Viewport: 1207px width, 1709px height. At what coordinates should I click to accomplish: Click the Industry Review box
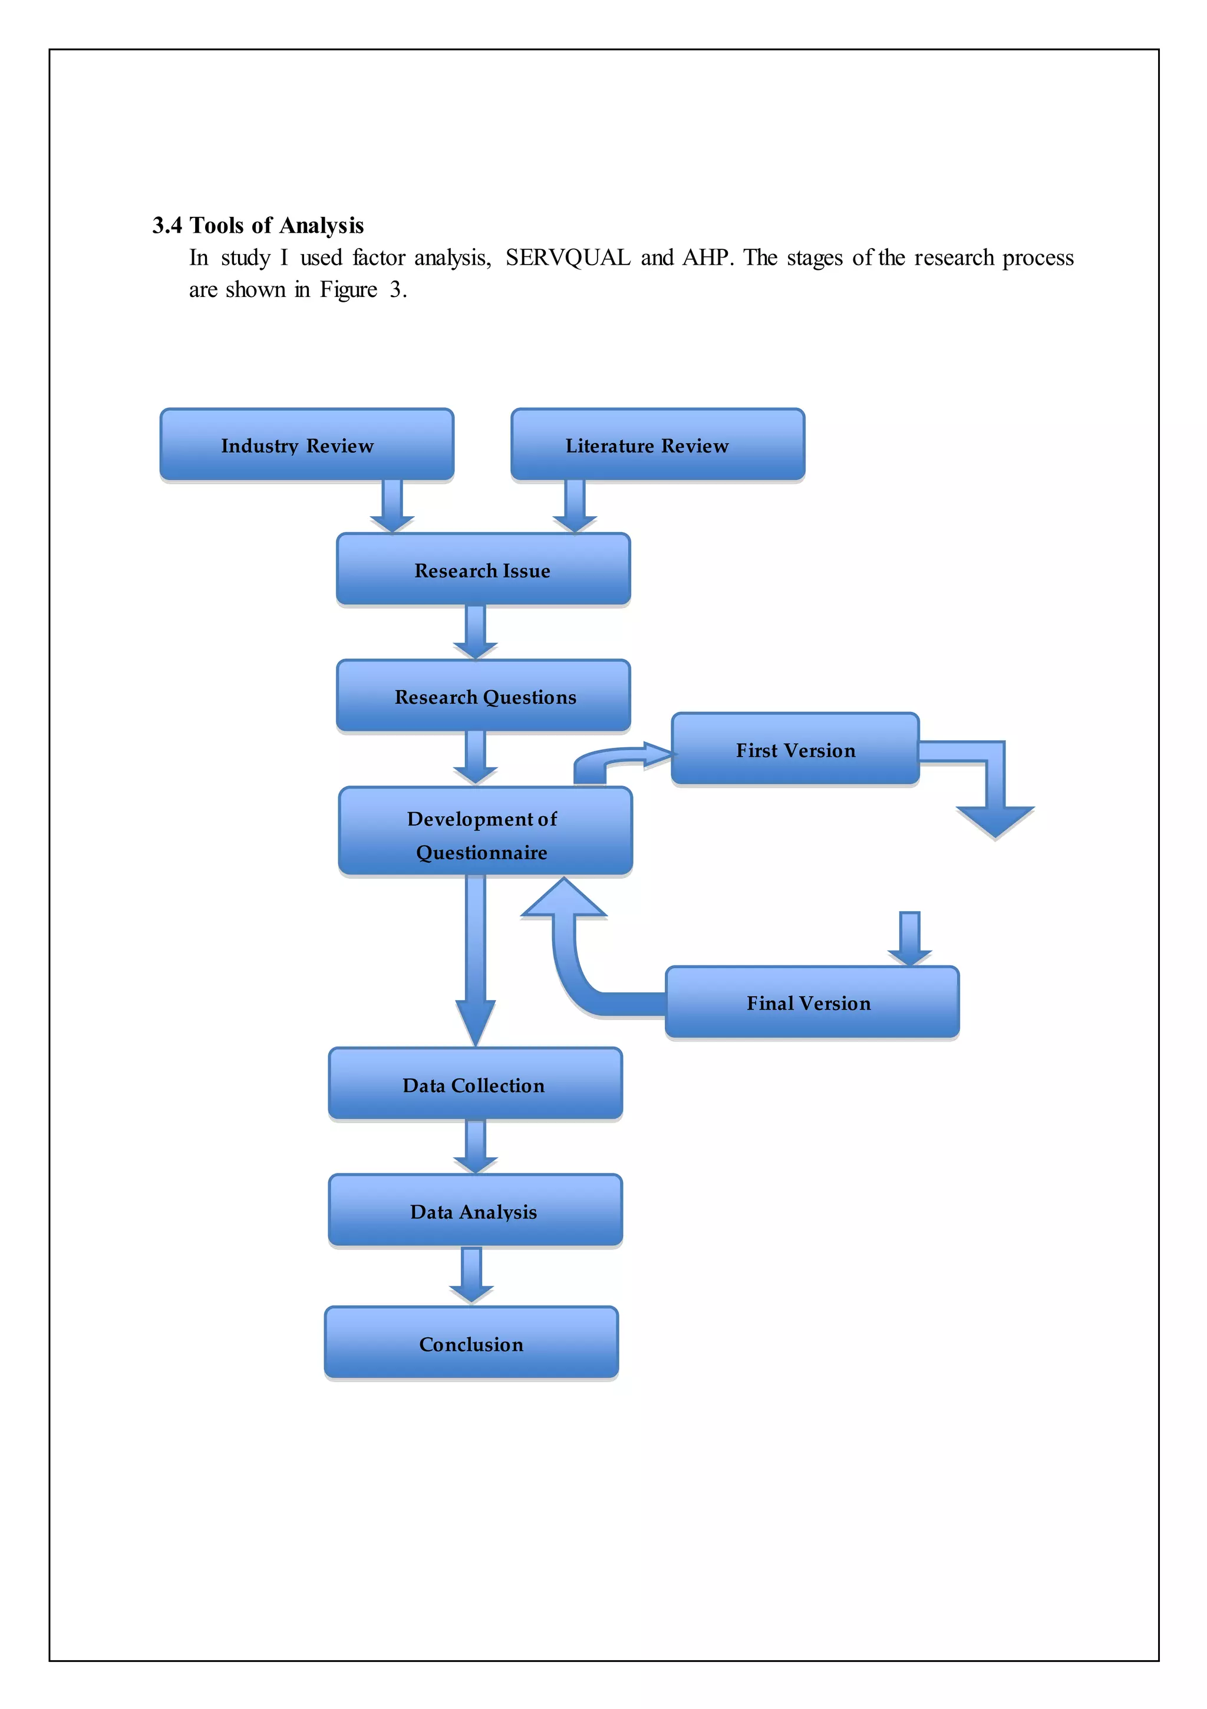[x=306, y=444]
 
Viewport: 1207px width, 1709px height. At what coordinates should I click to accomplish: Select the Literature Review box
[x=658, y=444]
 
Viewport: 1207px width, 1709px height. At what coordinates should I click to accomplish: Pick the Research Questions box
[x=483, y=696]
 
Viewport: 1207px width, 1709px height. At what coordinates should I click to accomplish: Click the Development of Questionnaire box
[x=484, y=832]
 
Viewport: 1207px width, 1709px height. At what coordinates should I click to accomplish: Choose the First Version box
[x=794, y=749]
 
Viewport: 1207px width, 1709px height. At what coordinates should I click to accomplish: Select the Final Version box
[x=812, y=1002]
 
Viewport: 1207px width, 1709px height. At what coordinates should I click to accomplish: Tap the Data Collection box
[x=475, y=1084]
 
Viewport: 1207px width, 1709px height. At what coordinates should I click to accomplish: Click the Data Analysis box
[x=475, y=1210]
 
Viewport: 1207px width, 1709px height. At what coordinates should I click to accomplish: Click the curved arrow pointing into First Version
[x=618, y=761]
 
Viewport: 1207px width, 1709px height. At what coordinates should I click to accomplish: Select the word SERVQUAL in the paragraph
[x=568, y=258]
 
